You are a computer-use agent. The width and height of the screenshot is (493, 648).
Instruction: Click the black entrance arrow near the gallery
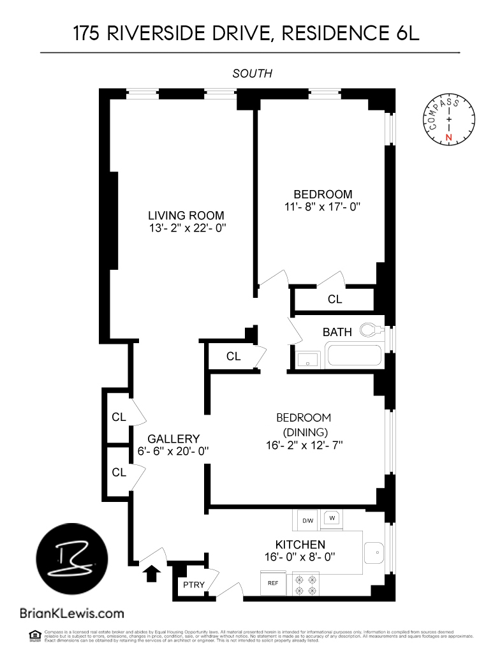[151, 573]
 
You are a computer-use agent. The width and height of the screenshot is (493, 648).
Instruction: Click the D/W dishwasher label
[308, 520]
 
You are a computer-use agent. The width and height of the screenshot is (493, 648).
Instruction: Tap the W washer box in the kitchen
[332, 519]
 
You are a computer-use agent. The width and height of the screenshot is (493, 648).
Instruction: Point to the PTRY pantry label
[194, 585]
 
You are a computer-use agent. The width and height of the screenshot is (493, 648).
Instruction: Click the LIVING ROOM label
[186, 216]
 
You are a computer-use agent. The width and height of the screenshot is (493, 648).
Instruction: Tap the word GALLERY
[173, 439]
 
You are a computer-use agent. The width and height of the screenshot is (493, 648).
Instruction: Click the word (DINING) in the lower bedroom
[304, 432]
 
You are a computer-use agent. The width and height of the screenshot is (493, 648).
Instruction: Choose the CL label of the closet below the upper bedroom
[335, 299]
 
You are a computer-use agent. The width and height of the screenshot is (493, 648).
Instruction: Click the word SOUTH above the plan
[253, 73]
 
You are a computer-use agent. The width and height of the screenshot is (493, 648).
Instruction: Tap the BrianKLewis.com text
[72, 614]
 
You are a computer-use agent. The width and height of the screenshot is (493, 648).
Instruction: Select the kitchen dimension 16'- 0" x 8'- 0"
[300, 557]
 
